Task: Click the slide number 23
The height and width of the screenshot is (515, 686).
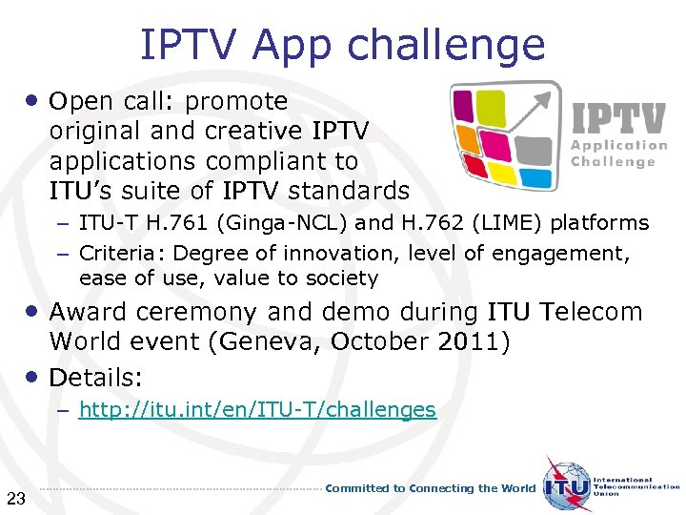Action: pos(15,496)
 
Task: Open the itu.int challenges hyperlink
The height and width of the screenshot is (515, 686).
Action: pos(257,410)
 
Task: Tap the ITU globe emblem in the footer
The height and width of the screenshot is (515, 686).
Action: pos(567,486)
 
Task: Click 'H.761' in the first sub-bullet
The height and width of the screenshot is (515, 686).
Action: pos(181,224)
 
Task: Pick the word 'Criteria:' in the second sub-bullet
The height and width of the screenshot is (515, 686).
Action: pos(122,253)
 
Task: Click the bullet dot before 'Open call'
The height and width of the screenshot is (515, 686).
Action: pos(32,99)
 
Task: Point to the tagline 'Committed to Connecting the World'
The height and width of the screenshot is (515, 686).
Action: pos(431,488)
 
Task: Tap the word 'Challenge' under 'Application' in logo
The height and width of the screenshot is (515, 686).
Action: pos(613,162)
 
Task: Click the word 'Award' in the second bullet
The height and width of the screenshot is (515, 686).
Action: pos(87,312)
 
